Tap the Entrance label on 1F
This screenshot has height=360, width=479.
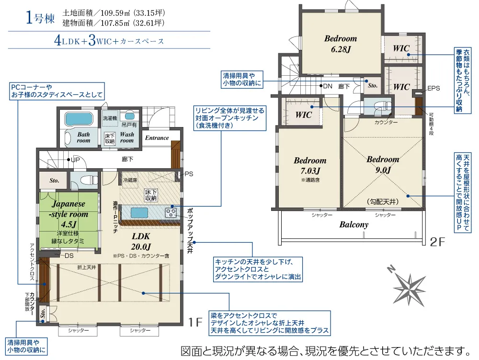pos(157,138)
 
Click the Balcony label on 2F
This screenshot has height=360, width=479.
pos(354,224)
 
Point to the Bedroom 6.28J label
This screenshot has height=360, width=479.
pos(341,43)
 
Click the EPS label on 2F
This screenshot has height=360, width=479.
pos(433,88)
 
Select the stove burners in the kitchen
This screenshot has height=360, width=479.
pos(171,212)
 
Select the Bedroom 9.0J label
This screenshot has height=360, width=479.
pos(383,164)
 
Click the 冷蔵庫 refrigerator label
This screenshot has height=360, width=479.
pos(130,180)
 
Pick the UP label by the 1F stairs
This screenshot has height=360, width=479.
pos(75,160)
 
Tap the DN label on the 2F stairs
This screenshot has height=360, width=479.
pos(328,86)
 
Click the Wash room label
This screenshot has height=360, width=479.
pos(127,138)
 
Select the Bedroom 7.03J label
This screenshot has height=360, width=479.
pos(310,165)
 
